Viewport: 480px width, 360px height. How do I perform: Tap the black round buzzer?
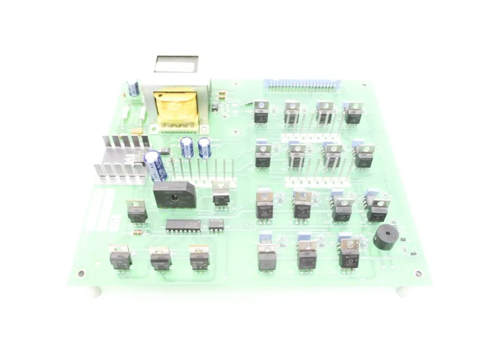tap(385, 238)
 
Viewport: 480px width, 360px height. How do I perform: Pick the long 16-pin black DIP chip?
tap(183, 225)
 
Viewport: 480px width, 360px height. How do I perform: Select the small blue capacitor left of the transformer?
tap(134, 88)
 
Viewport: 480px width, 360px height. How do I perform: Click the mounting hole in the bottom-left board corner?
tap(81, 273)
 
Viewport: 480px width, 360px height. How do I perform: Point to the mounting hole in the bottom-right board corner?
tap(418, 274)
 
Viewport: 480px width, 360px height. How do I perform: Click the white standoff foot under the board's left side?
tap(96, 292)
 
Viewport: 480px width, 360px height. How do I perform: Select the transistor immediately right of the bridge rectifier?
tap(221, 194)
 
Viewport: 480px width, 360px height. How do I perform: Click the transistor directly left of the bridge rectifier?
tap(137, 211)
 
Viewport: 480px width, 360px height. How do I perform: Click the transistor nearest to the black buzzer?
tap(377, 210)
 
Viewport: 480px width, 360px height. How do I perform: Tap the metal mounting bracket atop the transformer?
tap(176, 65)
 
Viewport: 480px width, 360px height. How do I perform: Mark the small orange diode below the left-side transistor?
tap(137, 232)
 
